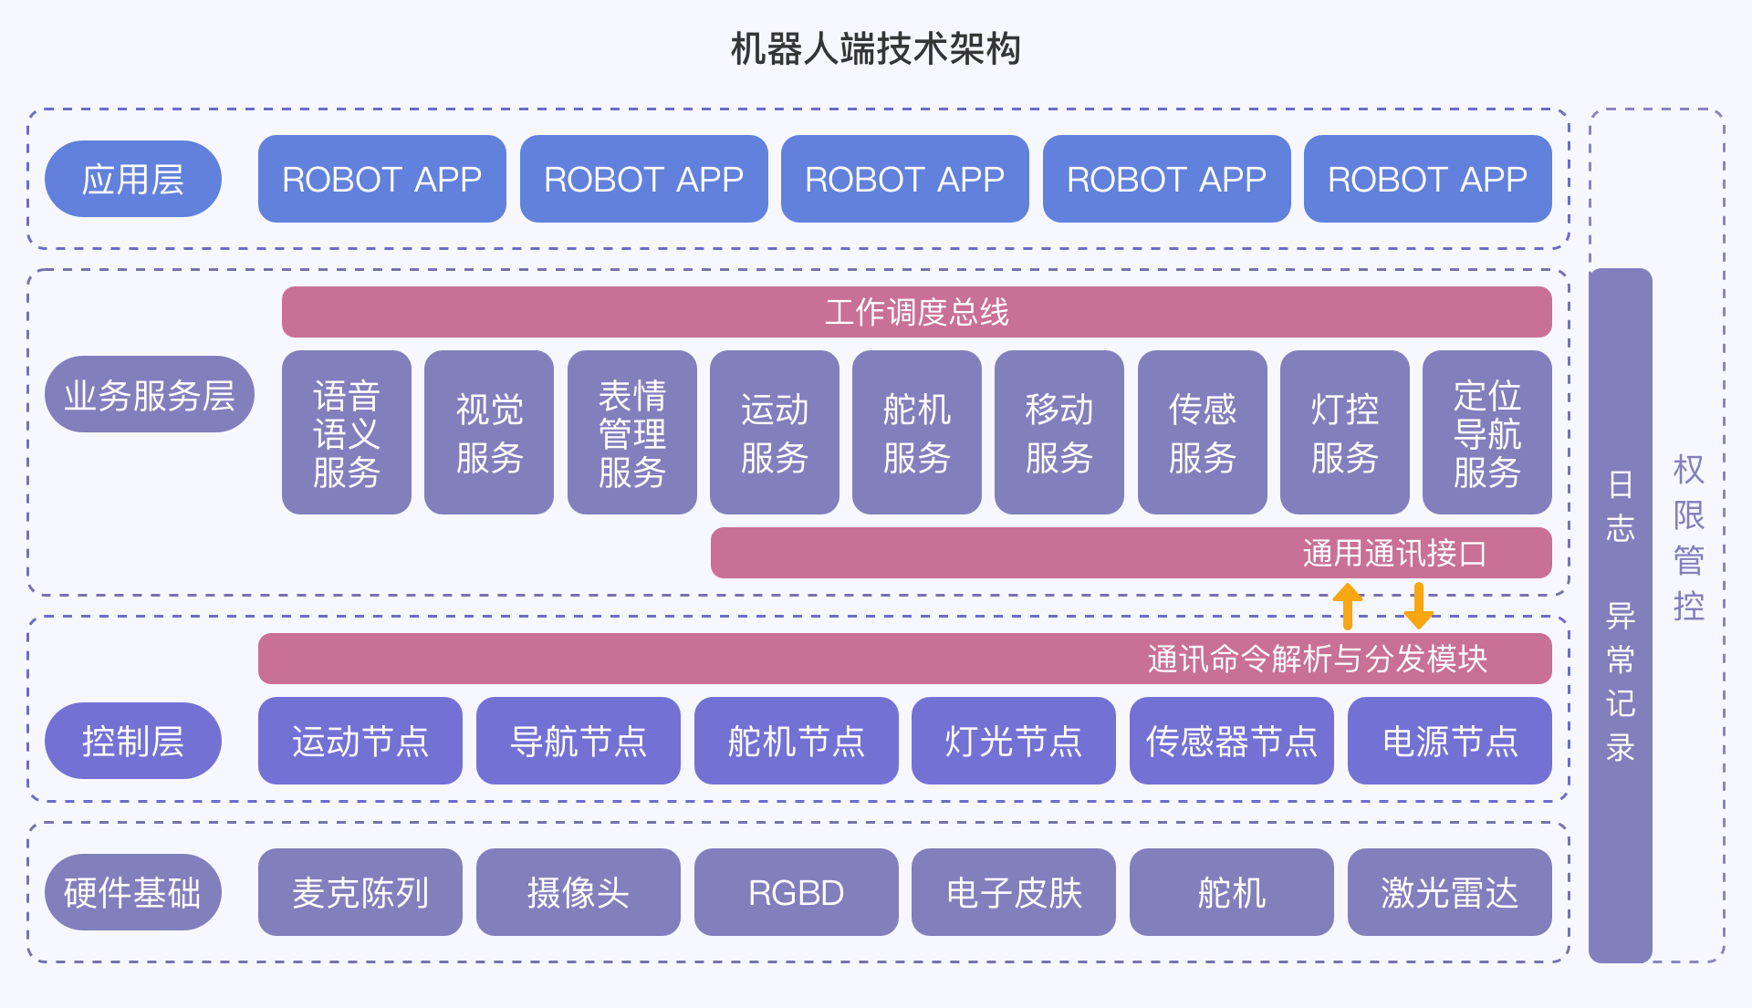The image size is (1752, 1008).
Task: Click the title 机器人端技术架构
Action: coord(875,49)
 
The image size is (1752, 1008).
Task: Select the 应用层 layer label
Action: coord(133,179)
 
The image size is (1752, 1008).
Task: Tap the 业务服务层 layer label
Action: coord(150,394)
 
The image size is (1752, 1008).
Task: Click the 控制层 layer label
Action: coord(133,741)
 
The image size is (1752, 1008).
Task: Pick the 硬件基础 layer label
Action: coord(133,892)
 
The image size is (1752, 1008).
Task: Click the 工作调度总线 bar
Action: coord(916,312)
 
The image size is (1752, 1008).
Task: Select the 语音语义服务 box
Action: coord(346,432)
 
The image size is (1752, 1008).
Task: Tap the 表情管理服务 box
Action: coord(631,432)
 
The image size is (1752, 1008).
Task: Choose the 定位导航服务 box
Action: coord(1486,432)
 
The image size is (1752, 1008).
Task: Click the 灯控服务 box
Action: coord(1344,432)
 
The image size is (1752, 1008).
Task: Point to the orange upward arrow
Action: coord(1347,606)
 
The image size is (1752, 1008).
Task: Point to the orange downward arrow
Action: coord(1418,606)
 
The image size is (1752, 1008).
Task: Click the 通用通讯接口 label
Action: coord(1394,553)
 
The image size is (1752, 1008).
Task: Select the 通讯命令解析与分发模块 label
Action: coord(1317,659)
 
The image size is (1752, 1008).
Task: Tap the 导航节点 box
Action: coord(578,741)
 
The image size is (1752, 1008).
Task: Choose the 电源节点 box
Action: coord(1449,741)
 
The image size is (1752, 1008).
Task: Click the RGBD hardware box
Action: coord(796,892)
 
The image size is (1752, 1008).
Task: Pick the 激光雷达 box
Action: coord(1449,892)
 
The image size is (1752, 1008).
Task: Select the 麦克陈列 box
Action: coord(360,892)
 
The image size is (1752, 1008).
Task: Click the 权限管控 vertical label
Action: coord(1688,538)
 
